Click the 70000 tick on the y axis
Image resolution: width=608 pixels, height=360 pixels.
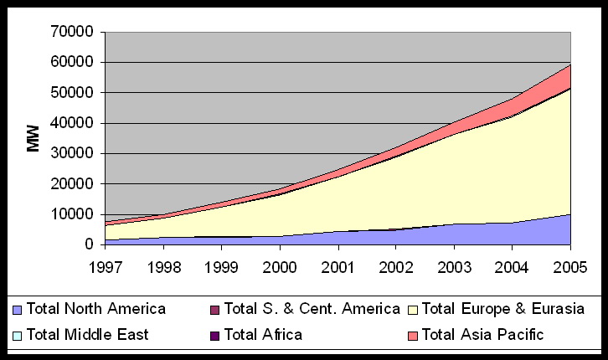72,32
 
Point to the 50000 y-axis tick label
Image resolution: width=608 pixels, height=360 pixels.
72,93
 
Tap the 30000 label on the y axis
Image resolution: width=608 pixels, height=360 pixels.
72,153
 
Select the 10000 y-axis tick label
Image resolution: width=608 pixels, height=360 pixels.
72,214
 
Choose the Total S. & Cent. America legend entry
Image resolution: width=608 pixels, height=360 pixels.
312,309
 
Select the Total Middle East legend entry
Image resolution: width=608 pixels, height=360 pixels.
87,335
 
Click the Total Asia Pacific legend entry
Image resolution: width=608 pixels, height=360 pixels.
483,335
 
